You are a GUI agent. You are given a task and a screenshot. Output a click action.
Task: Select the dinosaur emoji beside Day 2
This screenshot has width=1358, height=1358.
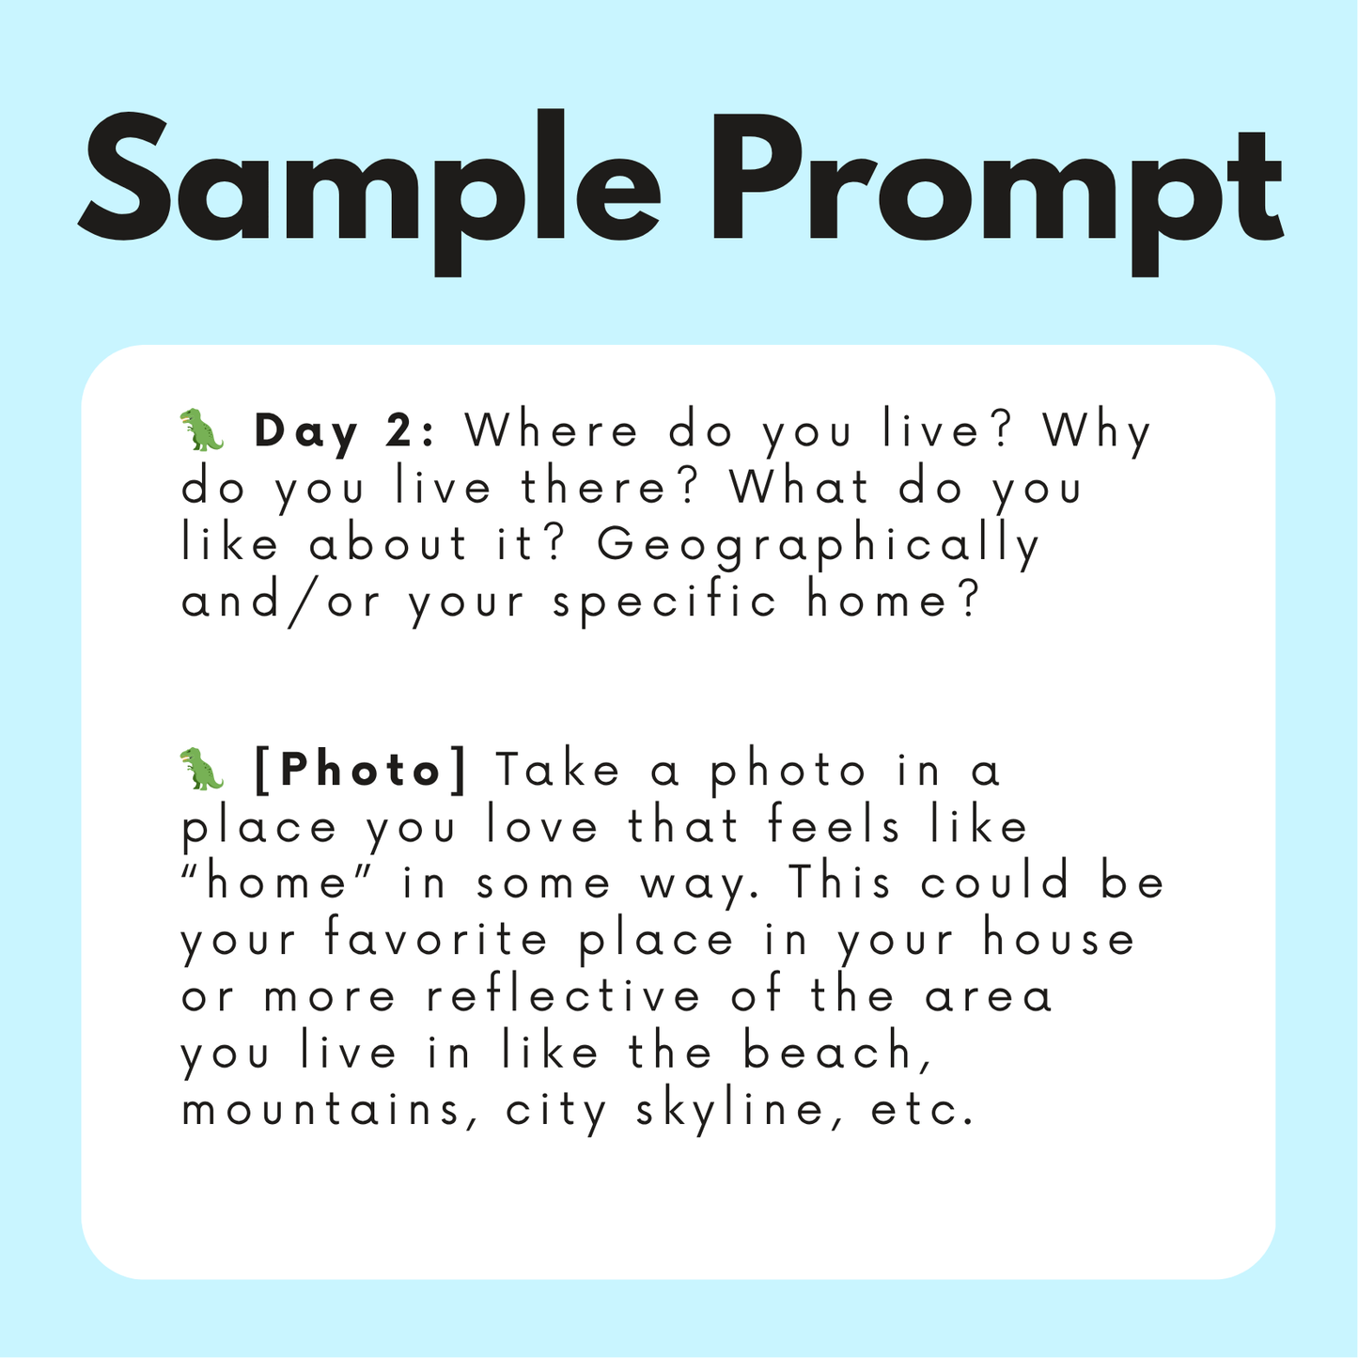point(201,429)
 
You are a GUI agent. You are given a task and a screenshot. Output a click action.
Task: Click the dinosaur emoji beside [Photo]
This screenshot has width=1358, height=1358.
point(201,769)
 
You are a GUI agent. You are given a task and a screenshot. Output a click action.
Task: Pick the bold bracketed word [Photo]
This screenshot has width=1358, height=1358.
point(361,772)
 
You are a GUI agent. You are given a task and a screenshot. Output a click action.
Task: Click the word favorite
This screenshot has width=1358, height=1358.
point(436,940)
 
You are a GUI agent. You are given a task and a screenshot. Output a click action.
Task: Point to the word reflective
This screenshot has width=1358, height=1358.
point(564,996)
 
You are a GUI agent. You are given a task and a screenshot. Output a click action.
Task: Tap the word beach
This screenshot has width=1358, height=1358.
point(837,1054)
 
